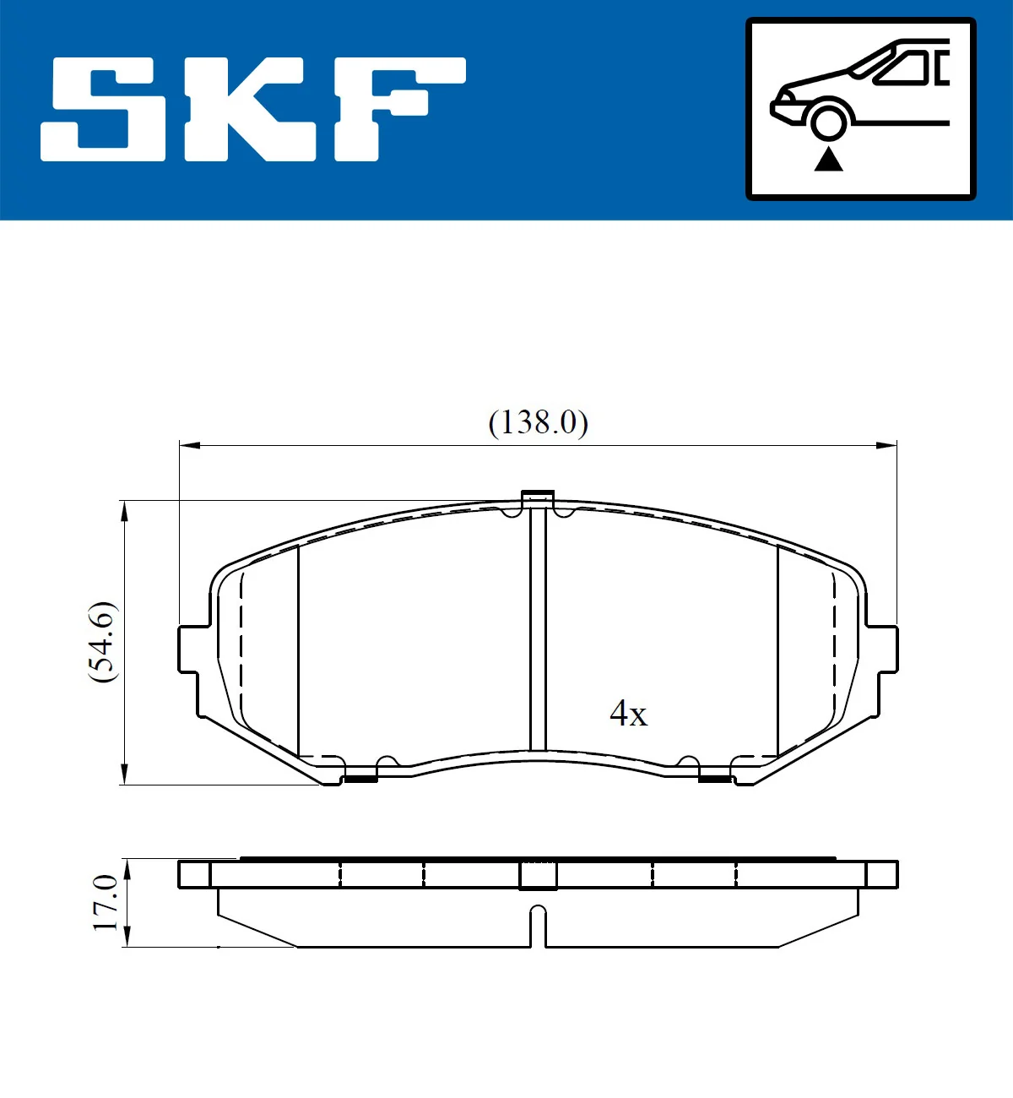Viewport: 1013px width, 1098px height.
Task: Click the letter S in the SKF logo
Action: click(103, 109)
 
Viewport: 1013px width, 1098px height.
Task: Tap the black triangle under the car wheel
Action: click(828, 159)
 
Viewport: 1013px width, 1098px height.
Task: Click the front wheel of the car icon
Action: click(828, 119)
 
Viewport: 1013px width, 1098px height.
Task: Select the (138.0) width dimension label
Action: click(538, 421)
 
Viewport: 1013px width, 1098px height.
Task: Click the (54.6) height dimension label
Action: click(102, 642)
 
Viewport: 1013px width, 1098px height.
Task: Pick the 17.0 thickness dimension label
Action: click(105, 903)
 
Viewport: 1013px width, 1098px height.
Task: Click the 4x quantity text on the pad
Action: click(628, 714)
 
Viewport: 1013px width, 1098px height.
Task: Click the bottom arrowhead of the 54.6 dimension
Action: click(125, 775)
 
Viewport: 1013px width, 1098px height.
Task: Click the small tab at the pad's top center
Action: click(537, 499)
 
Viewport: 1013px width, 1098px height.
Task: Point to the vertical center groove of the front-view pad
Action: click(538, 633)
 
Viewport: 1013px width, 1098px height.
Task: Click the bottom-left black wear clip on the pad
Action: click(360, 778)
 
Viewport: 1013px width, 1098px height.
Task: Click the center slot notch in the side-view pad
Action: click(538, 925)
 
